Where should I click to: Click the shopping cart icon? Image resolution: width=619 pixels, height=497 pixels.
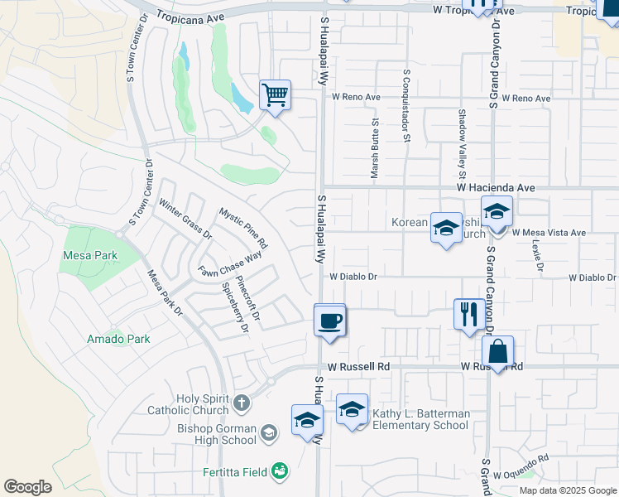[x=275, y=94]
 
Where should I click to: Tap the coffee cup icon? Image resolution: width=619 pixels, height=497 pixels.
[x=329, y=320]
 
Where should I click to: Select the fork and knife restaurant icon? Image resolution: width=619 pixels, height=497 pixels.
[x=468, y=314]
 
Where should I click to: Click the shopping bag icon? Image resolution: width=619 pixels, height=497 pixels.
[x=497, y=351]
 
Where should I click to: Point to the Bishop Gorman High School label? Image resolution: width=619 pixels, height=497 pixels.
[x=217, y=434]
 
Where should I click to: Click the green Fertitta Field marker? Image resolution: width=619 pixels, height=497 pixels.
[x=281, y=471]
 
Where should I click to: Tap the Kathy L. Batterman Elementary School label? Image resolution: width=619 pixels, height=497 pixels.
[x=420, y=419]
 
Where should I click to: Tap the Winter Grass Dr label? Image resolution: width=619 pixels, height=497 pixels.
[x=185, y=220]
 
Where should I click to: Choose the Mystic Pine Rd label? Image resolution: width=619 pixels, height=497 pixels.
[x=243, y=228]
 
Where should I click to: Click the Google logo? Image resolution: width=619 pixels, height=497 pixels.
[x=28, y=486]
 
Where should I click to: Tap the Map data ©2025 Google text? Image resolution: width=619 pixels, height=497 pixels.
[x=568, y=490]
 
